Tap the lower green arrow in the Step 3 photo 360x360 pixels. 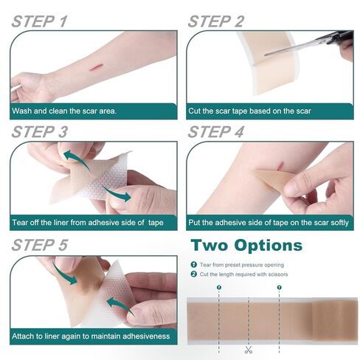point(118,193)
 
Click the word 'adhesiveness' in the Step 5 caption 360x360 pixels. point(145,336)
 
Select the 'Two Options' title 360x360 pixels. point(246,245)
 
